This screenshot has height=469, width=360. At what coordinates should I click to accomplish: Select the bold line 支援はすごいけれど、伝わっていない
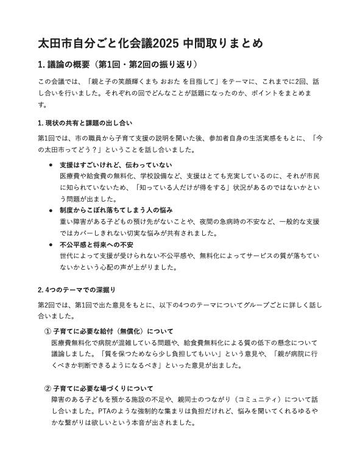click(x=116, y=165)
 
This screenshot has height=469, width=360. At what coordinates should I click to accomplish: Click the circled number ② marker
click(x=47, y=388)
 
